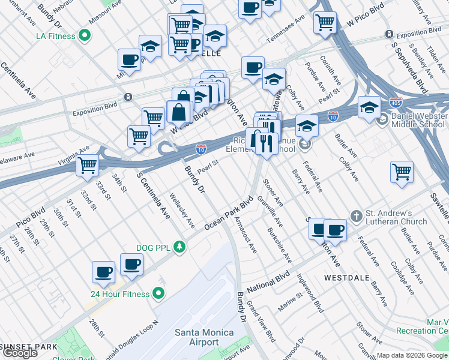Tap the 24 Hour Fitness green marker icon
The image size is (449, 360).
tap(158, 293)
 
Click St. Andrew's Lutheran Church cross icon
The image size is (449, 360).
tap(356, 215)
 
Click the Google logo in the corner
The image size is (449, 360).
tap(20, 353)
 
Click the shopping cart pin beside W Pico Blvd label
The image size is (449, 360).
tap(325, 22)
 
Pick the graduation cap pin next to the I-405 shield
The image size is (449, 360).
tap(369, 107)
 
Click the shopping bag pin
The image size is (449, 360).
tap(179, 110)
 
